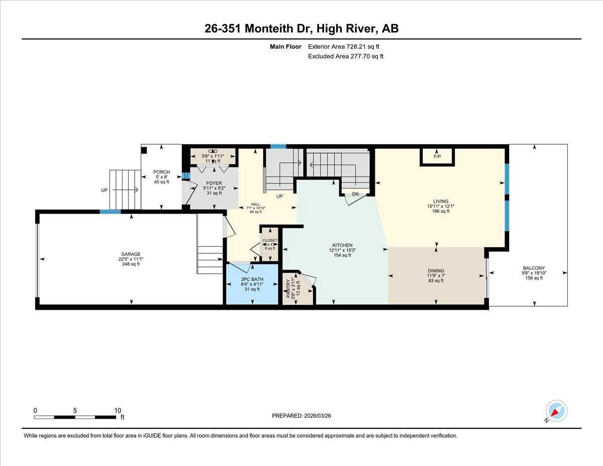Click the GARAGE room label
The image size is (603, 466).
(x=131, y=254)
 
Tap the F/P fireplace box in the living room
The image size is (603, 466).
(x=437, y=156)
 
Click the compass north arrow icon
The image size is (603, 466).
(x=556, y=411)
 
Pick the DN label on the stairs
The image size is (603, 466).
(x=355, y=194)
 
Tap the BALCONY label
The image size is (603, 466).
(x=534, y=268)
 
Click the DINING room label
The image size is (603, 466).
(x=436, y=271)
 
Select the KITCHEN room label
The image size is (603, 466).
(x=341, y=245)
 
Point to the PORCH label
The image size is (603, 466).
(x=161, y=172)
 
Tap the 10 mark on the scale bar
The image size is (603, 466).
(x=118, y=411)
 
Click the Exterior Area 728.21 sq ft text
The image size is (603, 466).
(x=344, y=47)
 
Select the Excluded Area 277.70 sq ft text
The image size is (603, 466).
(x=346, y=56)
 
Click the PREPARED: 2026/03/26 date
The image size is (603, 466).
(x=302, y=416)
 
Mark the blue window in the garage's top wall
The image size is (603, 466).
(x=110, y=212)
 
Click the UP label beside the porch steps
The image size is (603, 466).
(x=105, y=191)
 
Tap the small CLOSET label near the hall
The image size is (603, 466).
(x=270, y=241)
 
